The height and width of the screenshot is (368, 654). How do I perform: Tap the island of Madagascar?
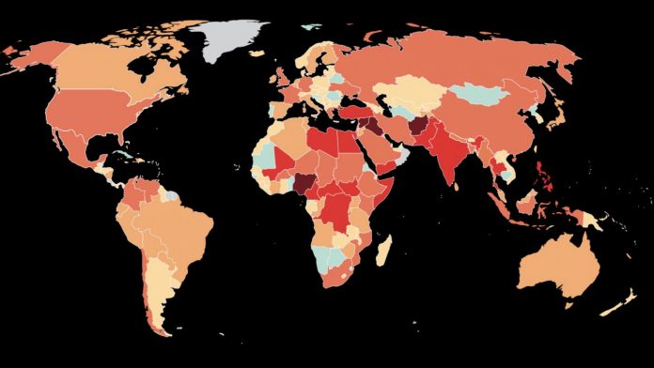[382, 250]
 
